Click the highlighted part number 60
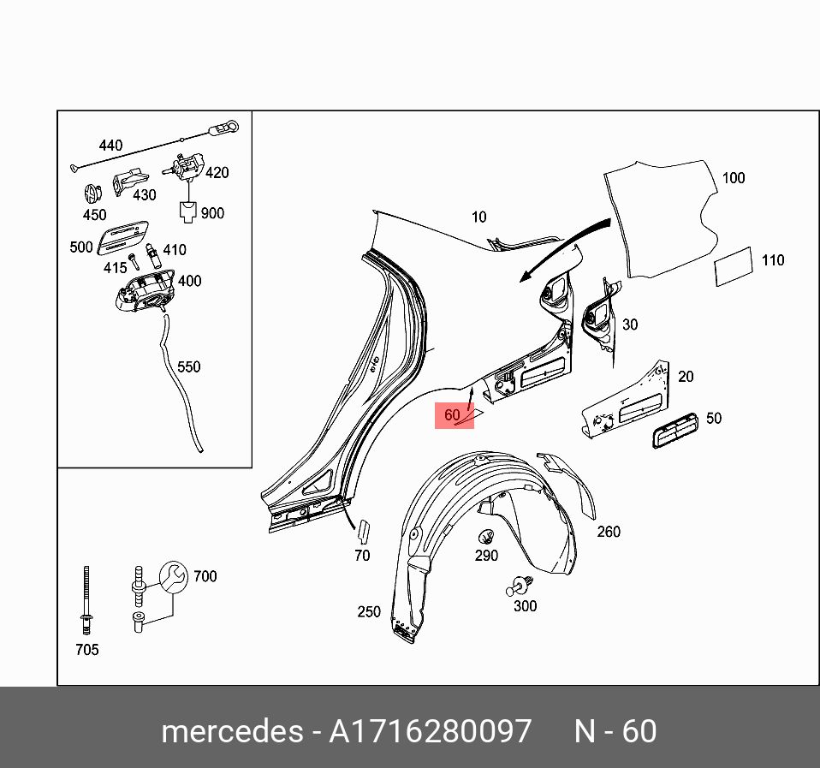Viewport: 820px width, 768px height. pos(453,415)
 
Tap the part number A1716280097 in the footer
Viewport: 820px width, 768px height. pos(431,732)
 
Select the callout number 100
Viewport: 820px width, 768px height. pos(734,178)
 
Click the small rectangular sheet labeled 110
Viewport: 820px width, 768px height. pos(734,268)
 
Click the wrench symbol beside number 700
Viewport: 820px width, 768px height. pos(172,576)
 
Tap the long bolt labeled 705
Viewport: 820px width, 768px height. pos(86,599)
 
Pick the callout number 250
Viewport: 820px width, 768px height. pos(369,611)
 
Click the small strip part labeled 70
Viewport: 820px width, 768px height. pos(362,531)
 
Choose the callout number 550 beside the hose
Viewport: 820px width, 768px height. pos(188,366)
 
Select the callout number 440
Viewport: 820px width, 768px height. pos(110,146)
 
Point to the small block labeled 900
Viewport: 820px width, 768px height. pos(187,211)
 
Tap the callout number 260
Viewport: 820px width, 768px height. pos(609,532)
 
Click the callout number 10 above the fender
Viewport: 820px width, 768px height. pos(478,217)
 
